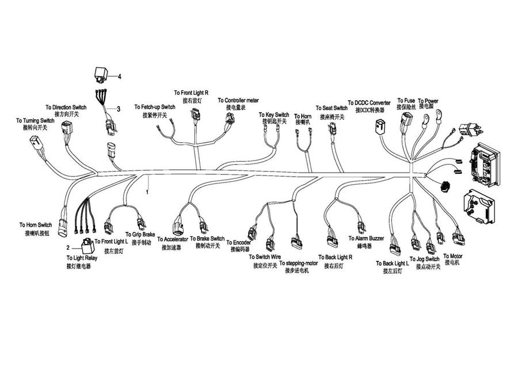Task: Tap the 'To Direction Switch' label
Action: coord(66,108)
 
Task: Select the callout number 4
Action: coord(120,77)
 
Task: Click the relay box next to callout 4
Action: coord(102,75)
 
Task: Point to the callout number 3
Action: coord(119,108)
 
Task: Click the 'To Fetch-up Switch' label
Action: coord(155,108)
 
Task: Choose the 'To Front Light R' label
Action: coord(191,93)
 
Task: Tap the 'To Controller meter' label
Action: coord(238,100)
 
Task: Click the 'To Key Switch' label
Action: coord(274,115)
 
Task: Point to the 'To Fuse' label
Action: coord(405,101)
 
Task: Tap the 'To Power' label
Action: coord(428,101)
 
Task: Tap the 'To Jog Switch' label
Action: coord(425,260)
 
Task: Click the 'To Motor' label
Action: coord(453,256)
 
